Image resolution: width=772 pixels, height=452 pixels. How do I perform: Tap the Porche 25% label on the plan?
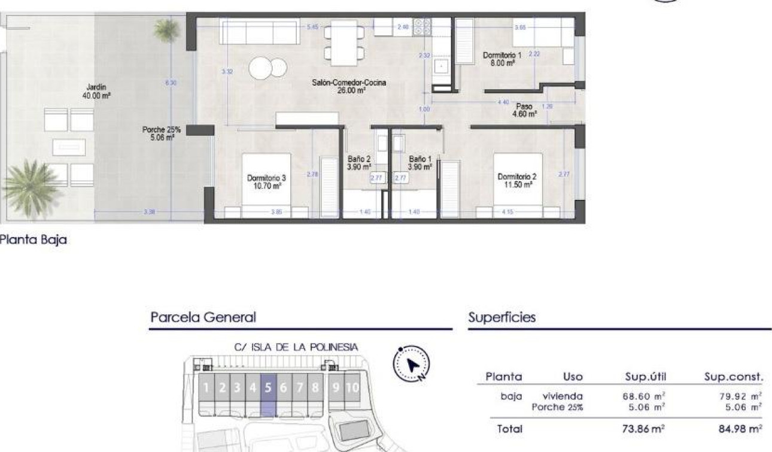coord(161,133)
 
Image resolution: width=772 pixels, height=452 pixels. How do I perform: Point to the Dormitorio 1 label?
coord(502,59)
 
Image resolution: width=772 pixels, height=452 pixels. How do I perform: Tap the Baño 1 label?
coord(420,163)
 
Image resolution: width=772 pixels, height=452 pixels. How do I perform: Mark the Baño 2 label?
coord(359,163)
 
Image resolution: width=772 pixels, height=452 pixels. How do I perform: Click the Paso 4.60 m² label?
coord(524,110)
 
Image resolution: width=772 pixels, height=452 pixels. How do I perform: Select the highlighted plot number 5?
coord(268,387)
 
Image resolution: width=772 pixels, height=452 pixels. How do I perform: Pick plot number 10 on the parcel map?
coord(352,387)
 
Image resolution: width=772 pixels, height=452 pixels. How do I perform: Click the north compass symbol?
coord(411,363)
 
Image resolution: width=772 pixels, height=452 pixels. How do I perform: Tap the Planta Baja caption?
coord(33,240)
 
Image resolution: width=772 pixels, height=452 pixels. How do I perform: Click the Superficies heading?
coord(502,317)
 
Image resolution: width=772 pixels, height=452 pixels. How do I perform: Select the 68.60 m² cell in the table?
coord(644,396)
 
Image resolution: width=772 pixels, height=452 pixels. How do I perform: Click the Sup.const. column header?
coord(734,377)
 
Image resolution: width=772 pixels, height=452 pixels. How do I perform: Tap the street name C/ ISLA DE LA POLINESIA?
coord(296,347)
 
